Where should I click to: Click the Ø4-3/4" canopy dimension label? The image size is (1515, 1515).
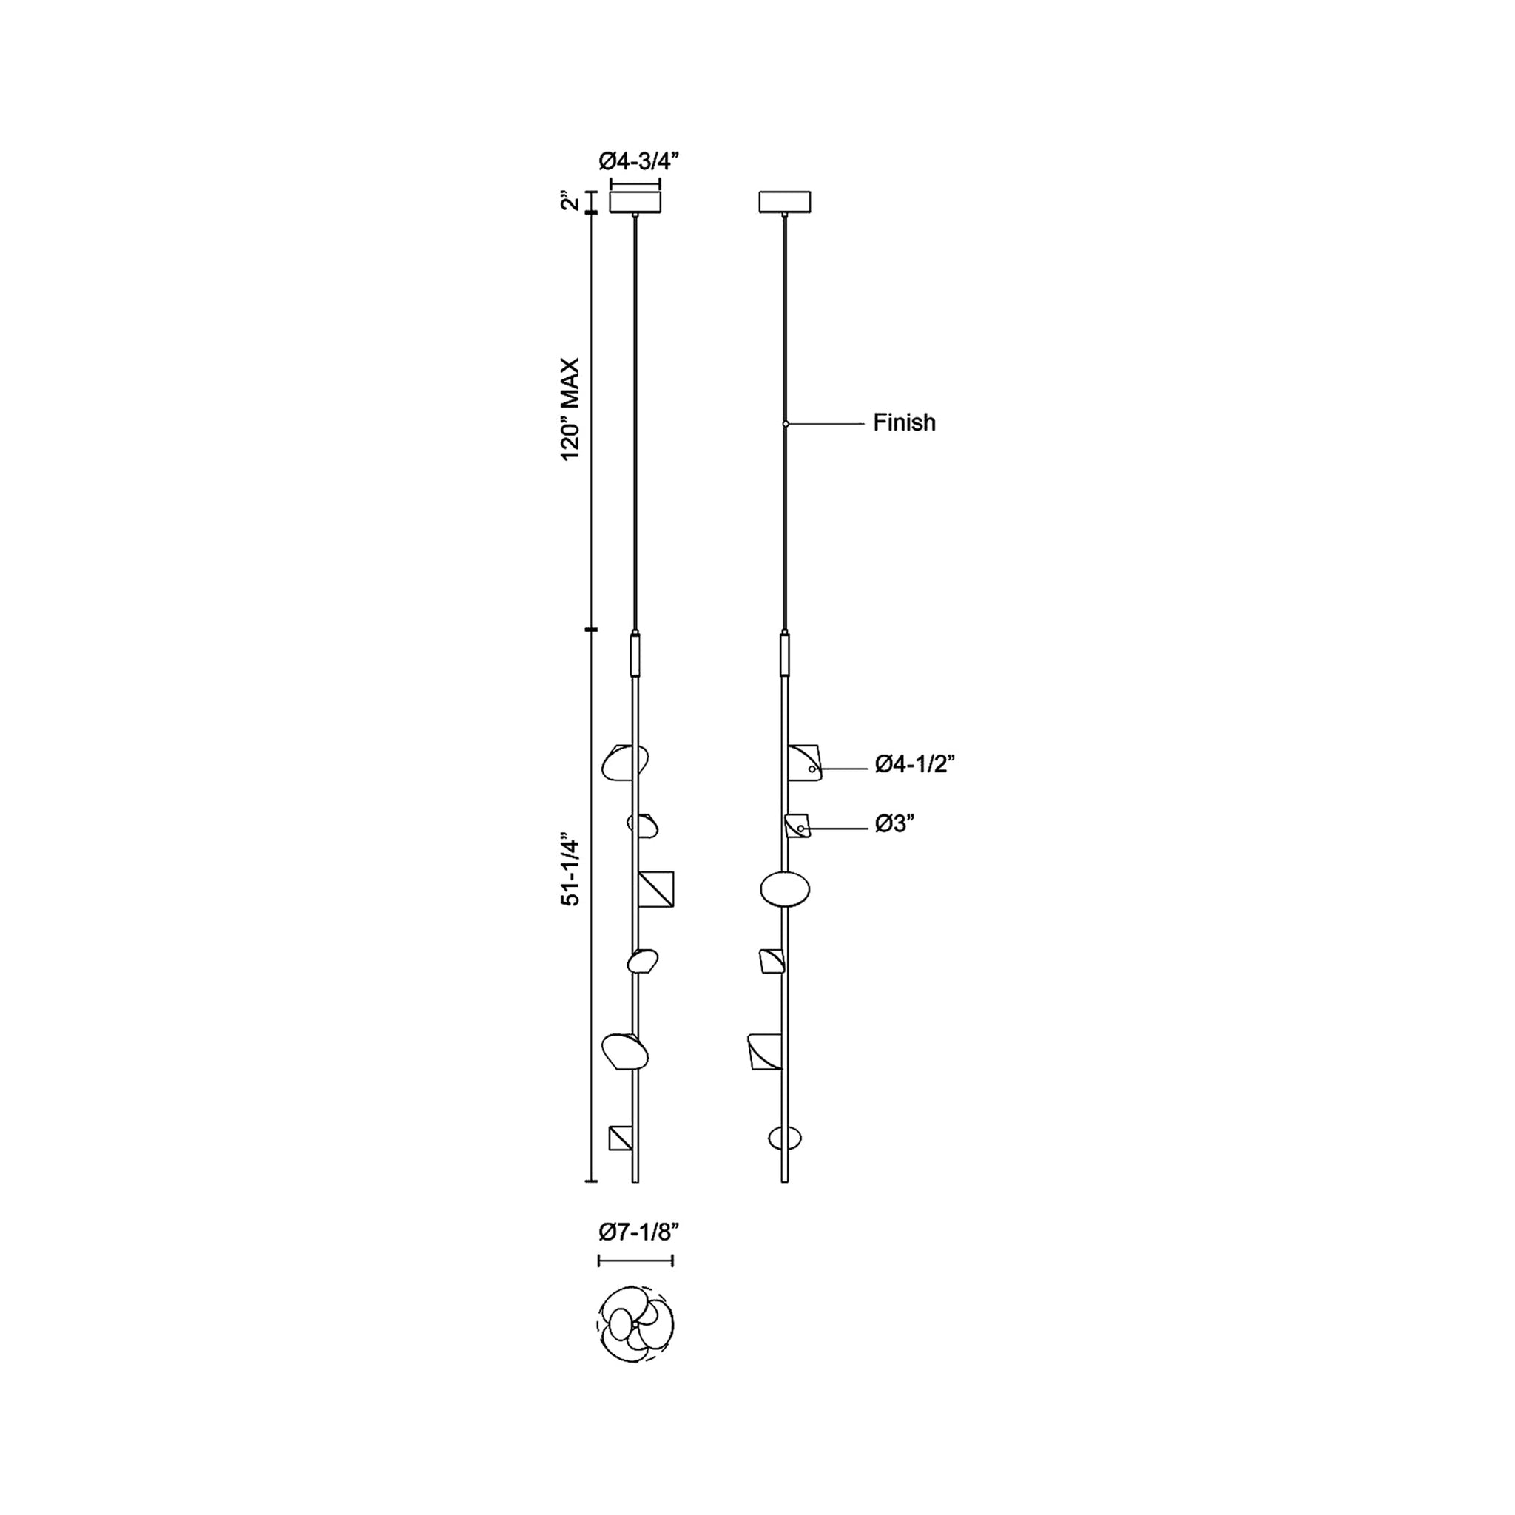tap(638, 161)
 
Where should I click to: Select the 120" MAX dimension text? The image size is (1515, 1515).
tap(570, 409)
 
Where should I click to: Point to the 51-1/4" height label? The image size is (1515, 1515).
tap(570, 872)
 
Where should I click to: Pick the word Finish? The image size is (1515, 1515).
tap(904, 422)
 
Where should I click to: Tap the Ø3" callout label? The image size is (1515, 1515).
tap(896, 824)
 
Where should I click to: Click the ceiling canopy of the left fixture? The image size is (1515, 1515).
tap(635, 201)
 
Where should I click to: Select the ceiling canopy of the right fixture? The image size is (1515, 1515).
tap(784, 201)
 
